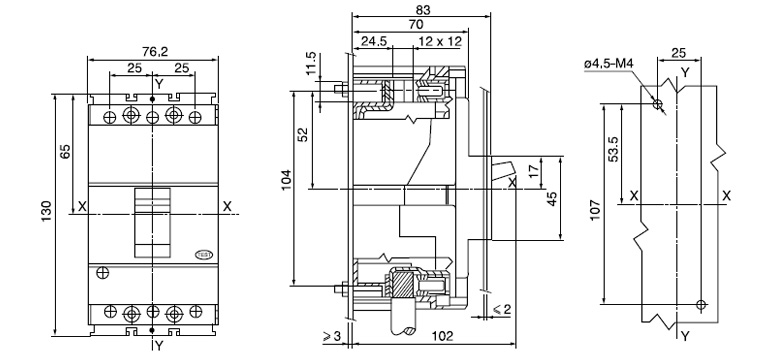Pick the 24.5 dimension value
click(374, 42)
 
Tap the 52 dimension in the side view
click(304, 134)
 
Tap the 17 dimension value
click(531, 170)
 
